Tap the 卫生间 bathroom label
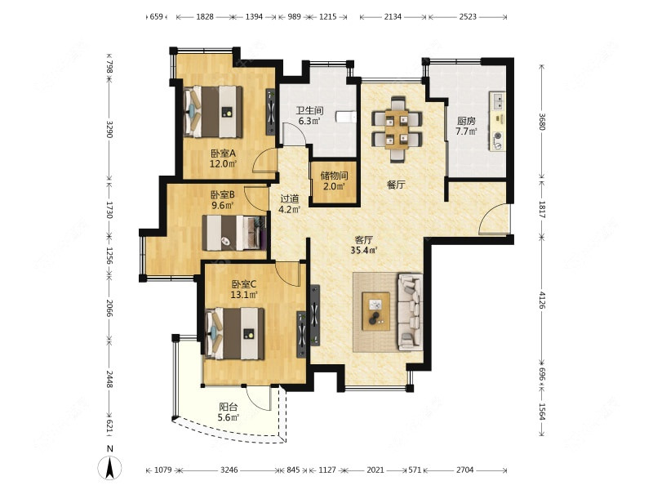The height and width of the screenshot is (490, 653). [309, 111]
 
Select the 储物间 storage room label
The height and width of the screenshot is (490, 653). [334, 176]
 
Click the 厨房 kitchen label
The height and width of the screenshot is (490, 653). [466, 121]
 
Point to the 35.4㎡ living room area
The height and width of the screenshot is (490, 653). [364, 251]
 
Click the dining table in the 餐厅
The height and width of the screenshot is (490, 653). [397, 129]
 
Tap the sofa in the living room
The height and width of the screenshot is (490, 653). [411, 312]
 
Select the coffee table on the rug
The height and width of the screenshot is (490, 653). [376, 311]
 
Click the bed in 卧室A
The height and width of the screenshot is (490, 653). [213, 112]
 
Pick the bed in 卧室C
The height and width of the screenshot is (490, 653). [235, 333]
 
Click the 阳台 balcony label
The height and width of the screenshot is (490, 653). [229, 407]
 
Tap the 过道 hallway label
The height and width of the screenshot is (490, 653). [289, 199]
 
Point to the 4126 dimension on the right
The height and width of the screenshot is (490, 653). [541, 300]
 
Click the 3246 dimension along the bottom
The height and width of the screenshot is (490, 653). [229, 470]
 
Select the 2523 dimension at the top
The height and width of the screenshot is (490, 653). [467, 16]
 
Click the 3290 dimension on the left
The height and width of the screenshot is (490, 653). [109, 129]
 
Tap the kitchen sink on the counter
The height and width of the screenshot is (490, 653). [498, 100]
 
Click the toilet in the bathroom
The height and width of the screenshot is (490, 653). [346, 117]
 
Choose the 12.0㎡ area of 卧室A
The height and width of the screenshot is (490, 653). [223, 164]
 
